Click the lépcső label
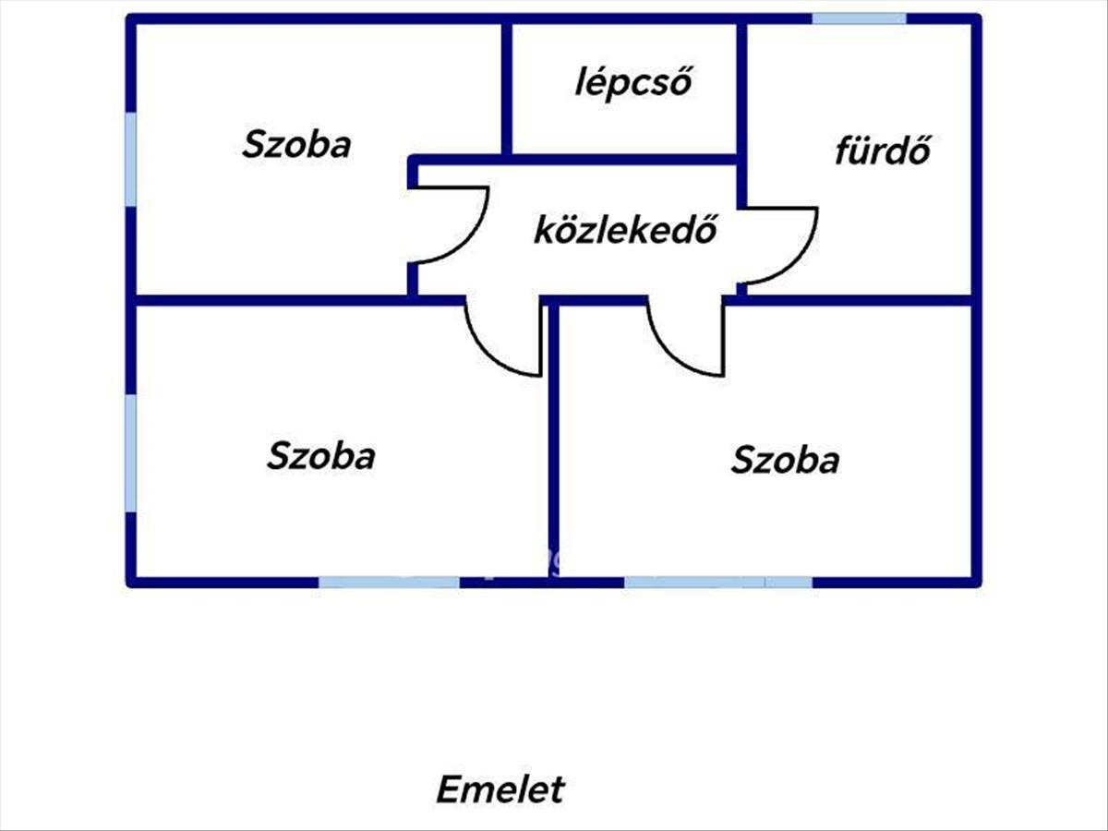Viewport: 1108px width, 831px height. click(633, 83)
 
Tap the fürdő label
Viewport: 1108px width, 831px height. click(883, 151)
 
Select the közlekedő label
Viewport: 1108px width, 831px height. click(625, 230)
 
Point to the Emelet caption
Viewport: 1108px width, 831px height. click(500, 789)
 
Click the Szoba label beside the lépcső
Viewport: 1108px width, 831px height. click(296, 144)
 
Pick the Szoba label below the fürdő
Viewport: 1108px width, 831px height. click(785, 460)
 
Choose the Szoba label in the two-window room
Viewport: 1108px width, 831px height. click(320, 455)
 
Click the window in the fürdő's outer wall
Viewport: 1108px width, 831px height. click(859, 18)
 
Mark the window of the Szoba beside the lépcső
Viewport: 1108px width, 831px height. click(131, 160)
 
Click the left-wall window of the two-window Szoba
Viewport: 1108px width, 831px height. click(131, 453)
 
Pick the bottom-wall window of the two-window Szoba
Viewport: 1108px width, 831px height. click(390, 583)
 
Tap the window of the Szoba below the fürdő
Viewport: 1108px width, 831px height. click(718, 583)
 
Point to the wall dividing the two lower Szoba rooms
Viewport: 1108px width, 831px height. click(553, 440)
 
